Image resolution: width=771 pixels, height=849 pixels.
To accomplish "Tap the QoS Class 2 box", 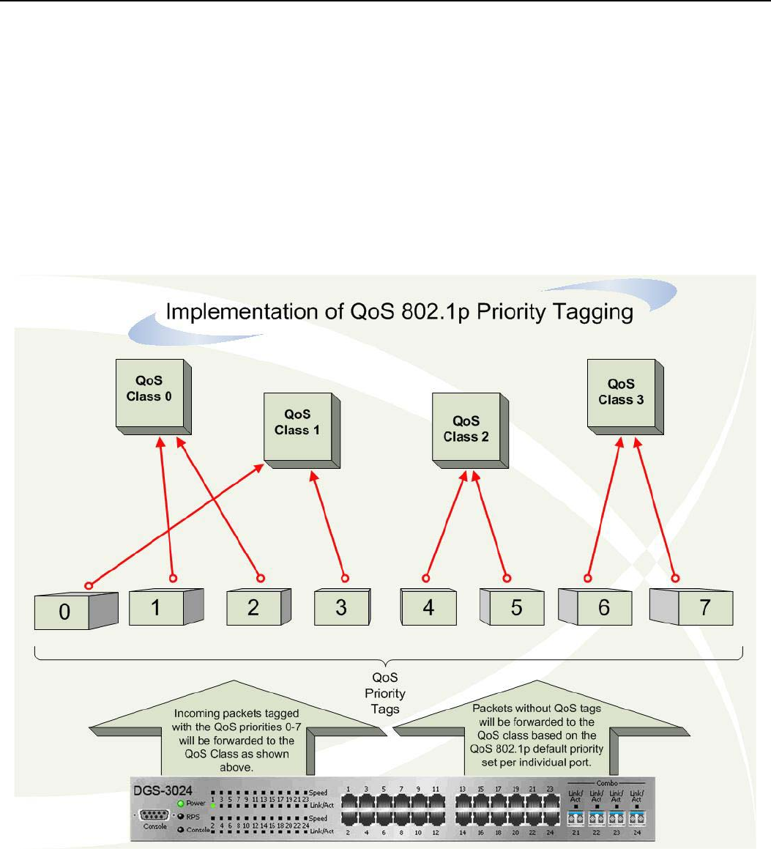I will pyautogui.click(x=466, y=429).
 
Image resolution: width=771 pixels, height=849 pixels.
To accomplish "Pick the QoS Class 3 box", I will pyautogui.click(x=620, y=392).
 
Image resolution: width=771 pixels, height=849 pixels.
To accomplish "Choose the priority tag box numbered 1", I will pyautogui.click(x=156, y=607).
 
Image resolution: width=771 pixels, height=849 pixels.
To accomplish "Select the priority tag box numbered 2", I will pyautogui.click(x=253, y=607).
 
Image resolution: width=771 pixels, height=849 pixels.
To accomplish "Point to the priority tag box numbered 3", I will pyautogui.click(x=341, y=607).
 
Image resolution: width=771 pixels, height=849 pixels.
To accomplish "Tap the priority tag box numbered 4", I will pyautogui.click(x=429, y=607).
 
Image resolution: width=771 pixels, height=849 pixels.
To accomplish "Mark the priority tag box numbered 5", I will pyautogui.click(x=517, y=607).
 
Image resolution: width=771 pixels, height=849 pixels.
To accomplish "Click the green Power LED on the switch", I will pyautogui.click(x=180, y=804).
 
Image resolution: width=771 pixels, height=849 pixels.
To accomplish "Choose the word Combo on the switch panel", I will pyautogui.click(x=607, y=783).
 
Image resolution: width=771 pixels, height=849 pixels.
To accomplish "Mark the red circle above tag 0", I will pyautogui.click(x=89, y=585).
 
